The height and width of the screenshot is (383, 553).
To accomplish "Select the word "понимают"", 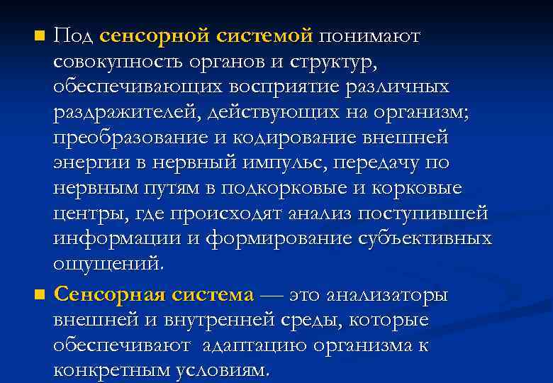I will [369, 35].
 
